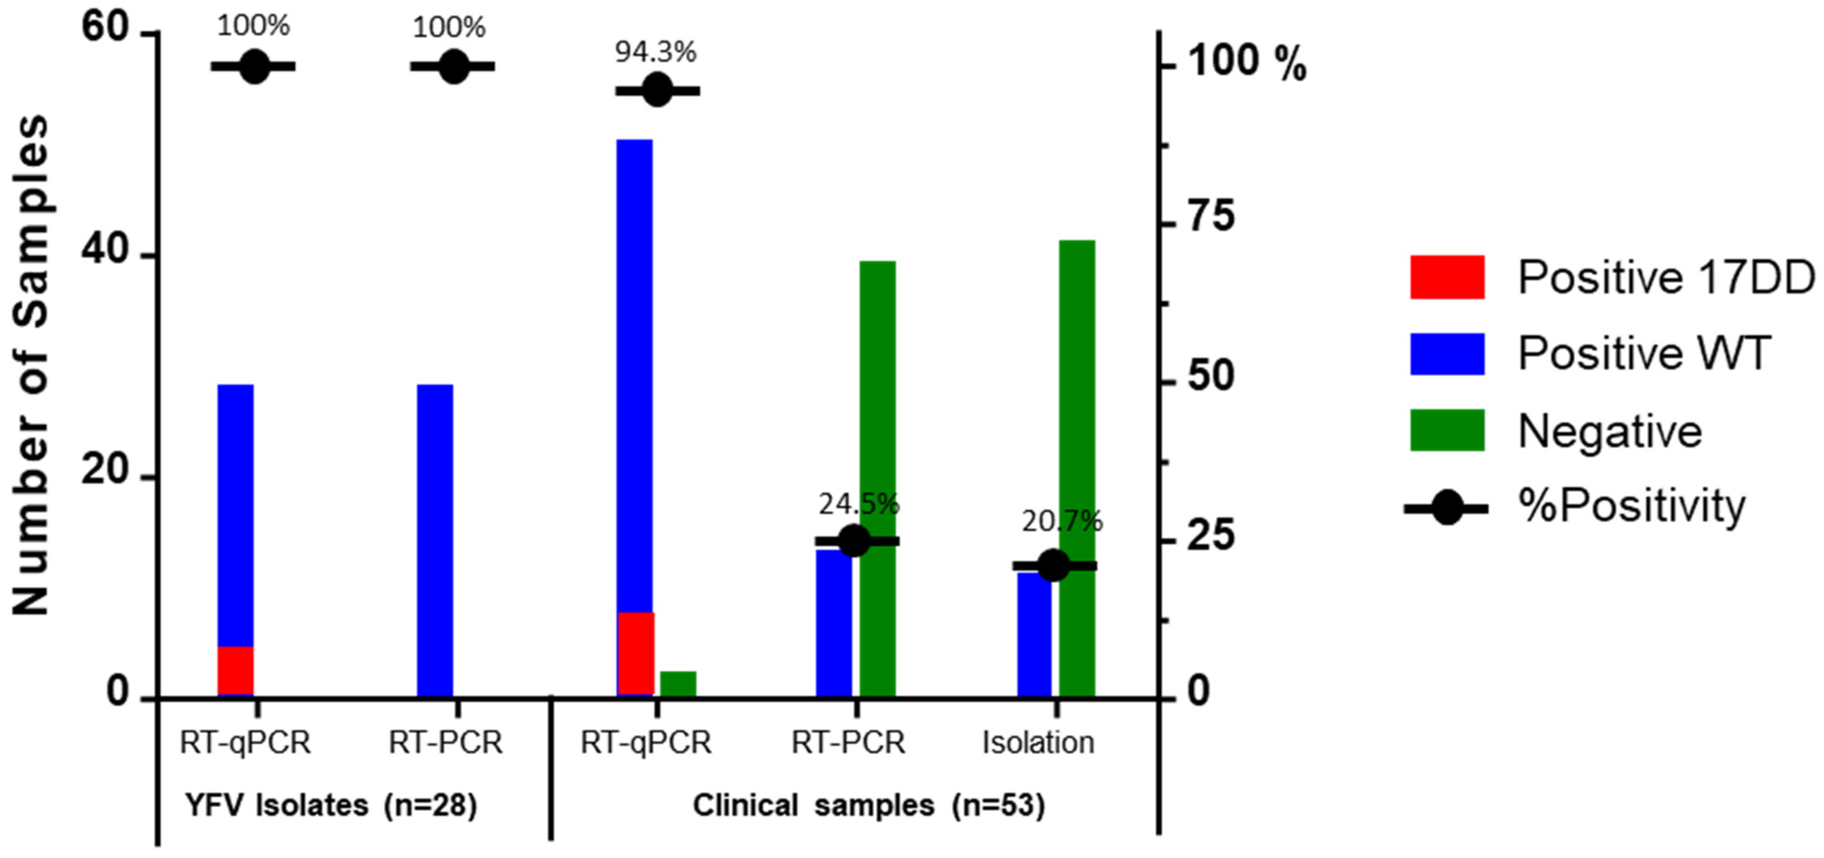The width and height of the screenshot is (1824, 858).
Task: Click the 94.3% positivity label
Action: coord(655,52)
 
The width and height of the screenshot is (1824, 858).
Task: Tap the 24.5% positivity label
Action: coord(858,505)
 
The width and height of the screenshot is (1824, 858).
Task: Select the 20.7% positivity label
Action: coord(1061,522)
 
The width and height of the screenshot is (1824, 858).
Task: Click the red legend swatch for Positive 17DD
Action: coord(1446,277)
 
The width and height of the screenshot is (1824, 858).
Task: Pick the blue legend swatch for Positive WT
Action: coord(1446,353)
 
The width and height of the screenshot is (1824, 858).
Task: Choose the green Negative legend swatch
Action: coord(1446,430)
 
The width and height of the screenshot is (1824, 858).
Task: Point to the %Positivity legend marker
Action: coord(1446,507)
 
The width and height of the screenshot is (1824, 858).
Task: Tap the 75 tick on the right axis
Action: coord(1211,217)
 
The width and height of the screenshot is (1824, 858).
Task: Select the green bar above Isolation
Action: coord(1077,467)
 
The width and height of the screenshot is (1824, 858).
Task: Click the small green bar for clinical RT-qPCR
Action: coord(678,683)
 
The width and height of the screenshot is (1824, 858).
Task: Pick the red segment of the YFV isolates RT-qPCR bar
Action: coord(235,669)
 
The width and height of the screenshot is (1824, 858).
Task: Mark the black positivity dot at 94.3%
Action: coord(657,90)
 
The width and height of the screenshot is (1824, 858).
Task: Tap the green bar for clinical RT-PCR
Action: coord(877,478)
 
